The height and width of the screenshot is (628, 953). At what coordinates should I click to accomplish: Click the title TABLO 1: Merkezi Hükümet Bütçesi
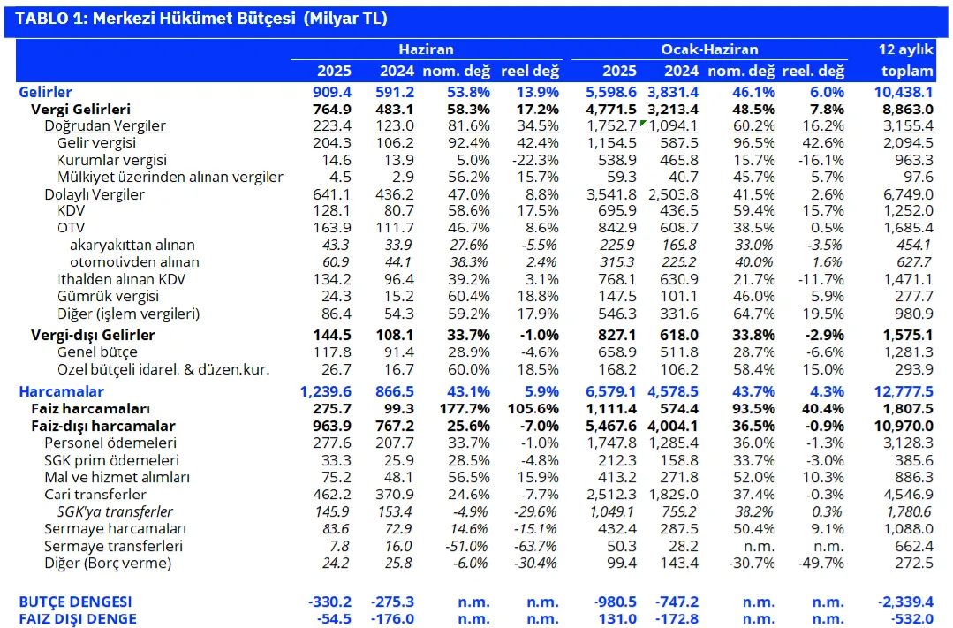155,19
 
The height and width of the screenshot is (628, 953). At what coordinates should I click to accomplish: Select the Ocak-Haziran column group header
709,49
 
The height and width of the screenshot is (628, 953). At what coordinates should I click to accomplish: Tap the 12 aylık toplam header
906,60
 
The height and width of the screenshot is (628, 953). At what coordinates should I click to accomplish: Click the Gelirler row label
46,92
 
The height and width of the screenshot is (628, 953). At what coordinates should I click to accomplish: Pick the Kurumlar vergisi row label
112,160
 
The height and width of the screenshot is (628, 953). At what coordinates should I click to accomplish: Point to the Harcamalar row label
62,391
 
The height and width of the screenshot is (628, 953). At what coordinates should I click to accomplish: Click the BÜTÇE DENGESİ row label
75,602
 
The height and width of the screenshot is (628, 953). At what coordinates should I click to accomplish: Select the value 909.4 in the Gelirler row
332,92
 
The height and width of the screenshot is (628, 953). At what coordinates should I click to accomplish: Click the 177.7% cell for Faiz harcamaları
465,409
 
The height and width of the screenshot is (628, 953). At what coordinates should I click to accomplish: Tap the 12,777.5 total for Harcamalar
904,391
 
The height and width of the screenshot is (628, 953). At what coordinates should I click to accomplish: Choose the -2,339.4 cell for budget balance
905,602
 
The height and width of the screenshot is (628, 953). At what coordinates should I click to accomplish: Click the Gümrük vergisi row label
108,296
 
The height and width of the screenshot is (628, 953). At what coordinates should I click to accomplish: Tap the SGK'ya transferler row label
115,512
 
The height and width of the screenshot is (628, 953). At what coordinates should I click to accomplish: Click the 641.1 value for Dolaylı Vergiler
332,194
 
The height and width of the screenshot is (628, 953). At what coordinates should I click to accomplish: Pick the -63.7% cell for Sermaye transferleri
534,546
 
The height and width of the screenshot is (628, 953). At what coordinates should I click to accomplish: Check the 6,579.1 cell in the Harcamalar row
611,391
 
